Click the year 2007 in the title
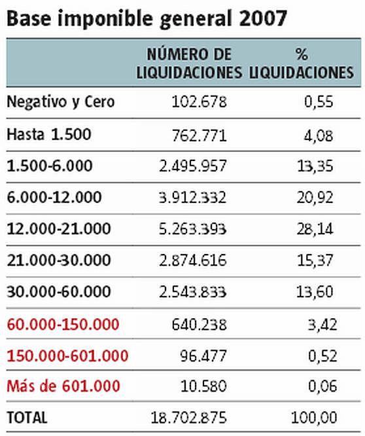point(262,19)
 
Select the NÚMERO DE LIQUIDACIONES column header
point(189,64)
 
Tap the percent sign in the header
point(302,54)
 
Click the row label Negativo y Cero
point(61,102)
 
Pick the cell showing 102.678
point(199,101)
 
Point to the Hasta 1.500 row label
point(49,134)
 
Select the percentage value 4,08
point(319,136)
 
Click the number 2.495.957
point(193,166)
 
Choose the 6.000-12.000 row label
point(54,198)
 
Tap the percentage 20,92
point(315,198)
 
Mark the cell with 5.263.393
point(192,229)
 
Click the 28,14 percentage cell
point(315,229)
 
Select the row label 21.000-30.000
point(59,261)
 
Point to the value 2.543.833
point(192,292)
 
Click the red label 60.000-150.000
point(63,325)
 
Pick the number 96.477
point(203,356)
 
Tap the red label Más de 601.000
point(63,386)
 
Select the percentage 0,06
point(322,386)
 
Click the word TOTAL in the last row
point(27,418)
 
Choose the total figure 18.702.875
point(188,418)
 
